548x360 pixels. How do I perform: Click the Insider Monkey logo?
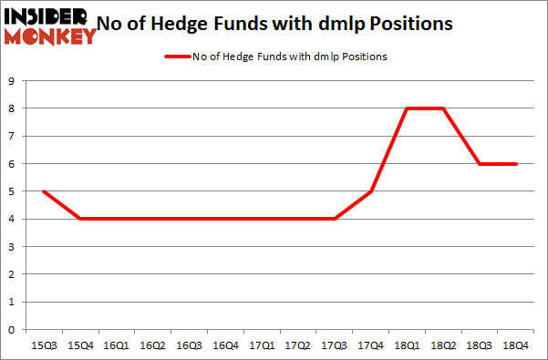50,25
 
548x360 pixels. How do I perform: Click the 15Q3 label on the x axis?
42,345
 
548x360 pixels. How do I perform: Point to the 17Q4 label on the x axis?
372,345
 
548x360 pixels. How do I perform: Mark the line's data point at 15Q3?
42,191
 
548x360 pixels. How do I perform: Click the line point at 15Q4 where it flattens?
79,219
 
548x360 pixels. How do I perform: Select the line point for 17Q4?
372,191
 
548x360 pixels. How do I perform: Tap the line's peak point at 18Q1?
408,108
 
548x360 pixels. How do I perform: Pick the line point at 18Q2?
445,108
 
